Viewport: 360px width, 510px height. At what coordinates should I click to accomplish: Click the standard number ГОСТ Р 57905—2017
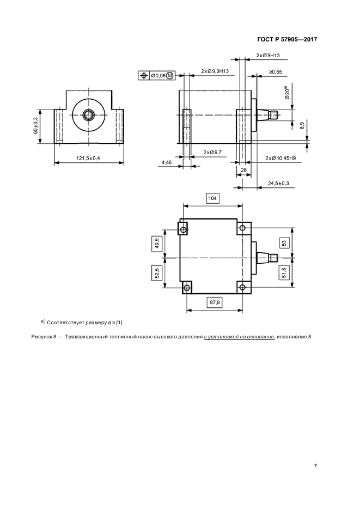pos(287,39)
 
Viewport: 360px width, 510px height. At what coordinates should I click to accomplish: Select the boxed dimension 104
pos(212,198)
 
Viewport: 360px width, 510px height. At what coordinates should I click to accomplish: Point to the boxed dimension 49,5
pos(157,244)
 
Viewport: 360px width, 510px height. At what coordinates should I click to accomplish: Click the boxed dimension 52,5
pos(157,273)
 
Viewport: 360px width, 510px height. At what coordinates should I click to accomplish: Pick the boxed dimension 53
pos(284,243)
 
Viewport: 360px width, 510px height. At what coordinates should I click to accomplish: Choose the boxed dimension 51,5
pos(284,272)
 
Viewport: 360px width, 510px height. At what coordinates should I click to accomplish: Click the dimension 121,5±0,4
pos(88,158)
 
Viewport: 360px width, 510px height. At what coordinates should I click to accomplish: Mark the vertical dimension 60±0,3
pos(35,125)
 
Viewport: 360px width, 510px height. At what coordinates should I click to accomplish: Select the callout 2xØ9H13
pos(267,56)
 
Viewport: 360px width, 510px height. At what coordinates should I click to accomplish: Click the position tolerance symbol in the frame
pos(143,76)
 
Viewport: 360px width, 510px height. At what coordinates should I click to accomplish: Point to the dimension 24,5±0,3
pos(278,184)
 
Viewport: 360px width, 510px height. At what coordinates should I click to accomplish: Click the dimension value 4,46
pos(167,162)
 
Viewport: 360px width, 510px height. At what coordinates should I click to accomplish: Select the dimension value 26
pos(243,170)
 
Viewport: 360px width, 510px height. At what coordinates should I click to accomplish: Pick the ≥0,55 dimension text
pos(276,72)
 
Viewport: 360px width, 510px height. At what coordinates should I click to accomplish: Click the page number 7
pos(315,466)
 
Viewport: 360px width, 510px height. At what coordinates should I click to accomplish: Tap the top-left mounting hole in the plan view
pos(184,230)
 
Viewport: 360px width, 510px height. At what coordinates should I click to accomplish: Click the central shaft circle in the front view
pos(88,114)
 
